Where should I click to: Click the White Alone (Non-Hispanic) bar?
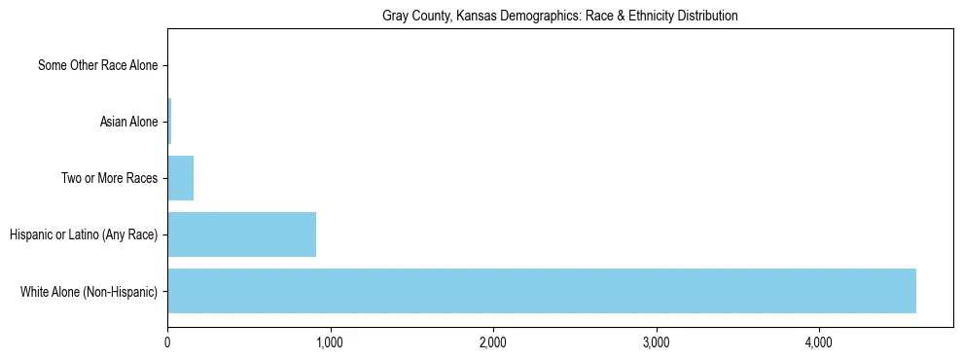(x=541, y=290)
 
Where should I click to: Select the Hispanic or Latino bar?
(x=241, y=234)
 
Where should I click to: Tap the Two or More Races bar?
(x=180, y=178)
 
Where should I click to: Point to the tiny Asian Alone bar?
(x=169, y=122)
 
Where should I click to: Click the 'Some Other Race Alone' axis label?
(x=97, y=66)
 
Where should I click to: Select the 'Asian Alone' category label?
(x=128, y=122)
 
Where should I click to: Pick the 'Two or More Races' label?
(x=109, y=178)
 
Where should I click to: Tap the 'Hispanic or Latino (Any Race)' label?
(x=83, y=234)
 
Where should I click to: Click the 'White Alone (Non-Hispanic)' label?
(x=89, y=290)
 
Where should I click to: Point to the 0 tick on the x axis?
(x=167, y=342)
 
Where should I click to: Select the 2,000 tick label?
(x=493, y=342)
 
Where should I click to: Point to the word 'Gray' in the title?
(x=395, y=16)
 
